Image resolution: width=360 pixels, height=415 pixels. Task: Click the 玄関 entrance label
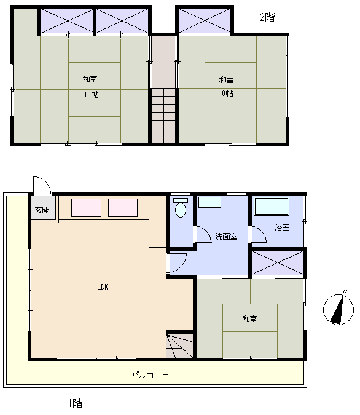(x=42, y=210)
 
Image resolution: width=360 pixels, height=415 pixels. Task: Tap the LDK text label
(x=103, y=287)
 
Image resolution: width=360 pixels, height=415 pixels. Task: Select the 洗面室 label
(x=226, y=236)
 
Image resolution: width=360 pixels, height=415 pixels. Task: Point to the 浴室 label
(x=282, y=227)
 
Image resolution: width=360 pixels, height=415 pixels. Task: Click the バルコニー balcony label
(x=150, y=375)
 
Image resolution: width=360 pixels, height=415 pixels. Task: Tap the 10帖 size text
(x=92, y=95)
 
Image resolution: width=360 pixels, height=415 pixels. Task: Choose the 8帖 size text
(x=227, y=93)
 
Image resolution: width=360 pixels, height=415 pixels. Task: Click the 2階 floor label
(x=267, y=17)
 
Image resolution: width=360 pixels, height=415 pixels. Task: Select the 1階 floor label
(x=76, y=403)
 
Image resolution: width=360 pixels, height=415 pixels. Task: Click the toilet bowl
(x=181, y=208)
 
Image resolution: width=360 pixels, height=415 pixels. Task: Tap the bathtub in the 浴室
(x=272, y=207)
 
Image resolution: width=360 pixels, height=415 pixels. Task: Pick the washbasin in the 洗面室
(x=209, y=202)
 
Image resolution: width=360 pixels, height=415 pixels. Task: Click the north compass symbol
(x=338, y=309)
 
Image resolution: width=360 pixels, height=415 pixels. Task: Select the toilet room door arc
(x=206, y=231)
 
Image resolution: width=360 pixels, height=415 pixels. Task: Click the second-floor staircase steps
(x=163, y=116)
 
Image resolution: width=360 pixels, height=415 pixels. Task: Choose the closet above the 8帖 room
(x=205, y=20)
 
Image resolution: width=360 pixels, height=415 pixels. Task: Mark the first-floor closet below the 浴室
(x=278, y=263)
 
